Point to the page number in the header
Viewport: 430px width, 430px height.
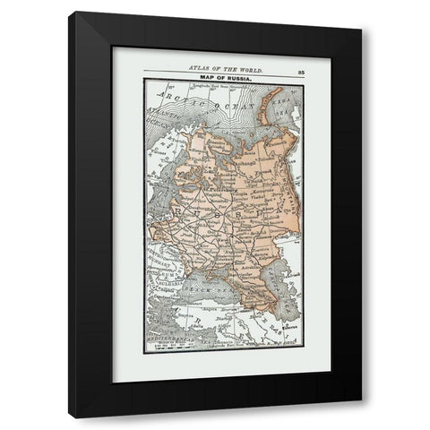tap(294, 67)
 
